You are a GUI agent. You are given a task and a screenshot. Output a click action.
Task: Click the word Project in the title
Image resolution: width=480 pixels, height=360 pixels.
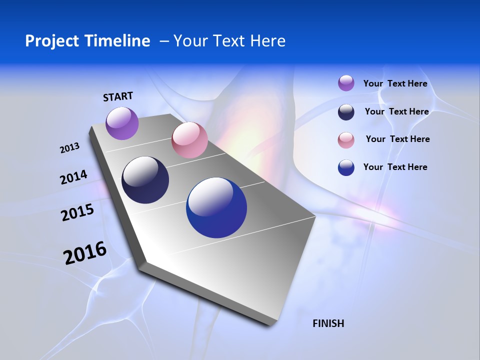pyautogui.click(x=52, y=41)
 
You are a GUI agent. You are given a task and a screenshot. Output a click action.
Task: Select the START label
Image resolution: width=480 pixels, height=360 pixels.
pyautogui.click(x=118, y=96)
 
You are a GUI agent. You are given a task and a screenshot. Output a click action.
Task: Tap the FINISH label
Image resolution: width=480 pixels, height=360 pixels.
pyautogui.click(x=328, y=323)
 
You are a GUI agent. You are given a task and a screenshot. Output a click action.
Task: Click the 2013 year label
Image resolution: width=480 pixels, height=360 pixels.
pyautogui.click(x=69, y=148)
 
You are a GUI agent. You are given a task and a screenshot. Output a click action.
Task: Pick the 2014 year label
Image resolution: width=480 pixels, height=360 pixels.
pyautogui.click(x=73, y=177)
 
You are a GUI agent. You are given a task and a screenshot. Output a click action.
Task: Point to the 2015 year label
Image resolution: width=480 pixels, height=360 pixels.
pyautogui.click(x=77, y=213)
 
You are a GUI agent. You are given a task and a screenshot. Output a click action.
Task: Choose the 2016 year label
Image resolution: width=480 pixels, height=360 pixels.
pyautogui.click(x=85, y=253)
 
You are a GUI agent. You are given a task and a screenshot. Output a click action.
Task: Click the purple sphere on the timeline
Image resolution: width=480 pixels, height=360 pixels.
pyautogui.click(x=122, y=123)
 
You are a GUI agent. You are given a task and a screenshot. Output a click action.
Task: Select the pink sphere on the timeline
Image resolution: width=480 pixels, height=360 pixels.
pyautogui.click(x=189, y=140)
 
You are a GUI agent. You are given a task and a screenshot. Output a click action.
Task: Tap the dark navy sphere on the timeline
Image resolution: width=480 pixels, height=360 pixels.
pyautogui.click(x=145, y=180)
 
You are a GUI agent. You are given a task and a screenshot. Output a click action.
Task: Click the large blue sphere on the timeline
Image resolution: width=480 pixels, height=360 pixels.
pyautogui.click(x=216, y=207)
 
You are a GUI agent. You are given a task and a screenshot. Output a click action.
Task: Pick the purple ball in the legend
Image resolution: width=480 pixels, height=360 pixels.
pyautogui.click(x=346, y=83)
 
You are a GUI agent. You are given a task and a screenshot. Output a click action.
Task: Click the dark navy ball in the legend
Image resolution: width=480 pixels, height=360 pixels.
pyautogui.click(x=346, y=112)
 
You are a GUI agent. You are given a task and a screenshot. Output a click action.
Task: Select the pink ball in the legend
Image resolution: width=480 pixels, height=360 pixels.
pyautogui.click(x=346, y=140)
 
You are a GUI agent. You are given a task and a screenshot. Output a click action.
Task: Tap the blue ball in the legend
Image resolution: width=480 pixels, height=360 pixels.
pyautogui.click(x=346, y=167)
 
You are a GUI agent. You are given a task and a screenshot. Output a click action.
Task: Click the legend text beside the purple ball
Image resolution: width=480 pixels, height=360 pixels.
pyautogui.click(x=395, y=83)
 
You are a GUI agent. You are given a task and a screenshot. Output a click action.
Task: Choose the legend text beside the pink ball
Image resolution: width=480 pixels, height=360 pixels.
pyautogui.click(x=397, y=139)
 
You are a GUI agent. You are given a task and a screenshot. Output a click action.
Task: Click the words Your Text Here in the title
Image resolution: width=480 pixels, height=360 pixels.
pyautogui.click(x=229, y=41)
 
